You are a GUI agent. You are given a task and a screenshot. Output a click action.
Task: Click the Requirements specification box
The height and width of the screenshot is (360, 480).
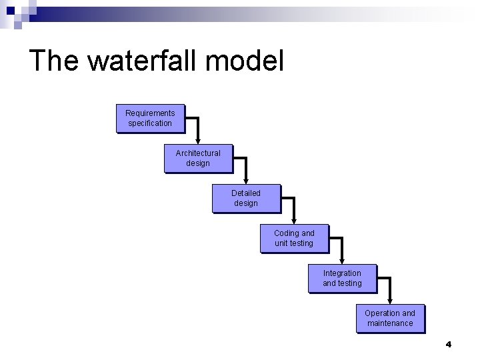[x=150, y=119]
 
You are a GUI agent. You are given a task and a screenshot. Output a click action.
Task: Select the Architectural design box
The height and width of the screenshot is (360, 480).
[x=198, y=159]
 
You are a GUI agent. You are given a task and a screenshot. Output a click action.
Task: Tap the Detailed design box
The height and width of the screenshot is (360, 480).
[x=246, y=199]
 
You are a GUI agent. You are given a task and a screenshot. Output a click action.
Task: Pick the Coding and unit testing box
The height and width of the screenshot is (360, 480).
[x=294, y=239]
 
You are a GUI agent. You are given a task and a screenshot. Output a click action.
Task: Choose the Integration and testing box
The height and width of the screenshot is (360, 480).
[x=342, y=279]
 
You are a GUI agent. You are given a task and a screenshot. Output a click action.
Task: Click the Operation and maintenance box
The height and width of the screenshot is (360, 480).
[x=390, y=319]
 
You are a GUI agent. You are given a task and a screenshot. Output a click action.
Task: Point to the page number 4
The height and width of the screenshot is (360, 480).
[x=448, y=345]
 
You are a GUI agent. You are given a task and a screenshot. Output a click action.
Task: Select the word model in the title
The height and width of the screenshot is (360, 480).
[x=245, y=61]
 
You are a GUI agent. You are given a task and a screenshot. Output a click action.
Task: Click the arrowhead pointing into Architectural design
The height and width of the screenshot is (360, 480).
[x=199, y=141]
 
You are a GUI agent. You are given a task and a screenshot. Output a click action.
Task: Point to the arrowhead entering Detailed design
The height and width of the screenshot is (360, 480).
[x=247, y=181]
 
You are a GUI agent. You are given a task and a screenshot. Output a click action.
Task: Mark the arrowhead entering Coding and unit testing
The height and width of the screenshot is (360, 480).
[x=295, y=221]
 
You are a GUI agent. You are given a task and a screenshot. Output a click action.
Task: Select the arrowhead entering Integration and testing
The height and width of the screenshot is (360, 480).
[x=343, y=261]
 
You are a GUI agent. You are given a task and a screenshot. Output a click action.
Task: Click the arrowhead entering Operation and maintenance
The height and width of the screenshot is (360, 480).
[x=391, y=301]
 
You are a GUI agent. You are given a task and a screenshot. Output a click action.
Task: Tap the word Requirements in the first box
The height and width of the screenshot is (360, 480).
[x=150, y=113]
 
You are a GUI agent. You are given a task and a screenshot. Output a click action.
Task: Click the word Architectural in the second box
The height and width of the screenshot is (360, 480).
[x=198, y=153]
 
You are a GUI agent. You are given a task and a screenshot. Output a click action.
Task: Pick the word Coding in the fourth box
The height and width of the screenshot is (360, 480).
[x=286, y=233]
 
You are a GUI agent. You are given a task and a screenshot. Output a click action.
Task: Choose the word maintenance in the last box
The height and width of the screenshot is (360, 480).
[x=390, y=323]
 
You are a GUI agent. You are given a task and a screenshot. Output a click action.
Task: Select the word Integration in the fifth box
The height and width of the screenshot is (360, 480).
[x=342, y=273]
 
